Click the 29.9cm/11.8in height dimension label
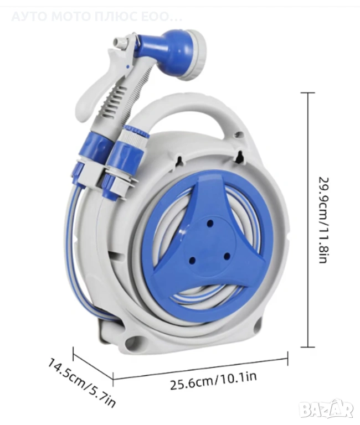coord(323,220)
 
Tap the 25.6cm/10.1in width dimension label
coord(213,381)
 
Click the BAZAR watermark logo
coord(327,410)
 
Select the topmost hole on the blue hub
coord(210,224)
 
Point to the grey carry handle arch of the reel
coord(187,108)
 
